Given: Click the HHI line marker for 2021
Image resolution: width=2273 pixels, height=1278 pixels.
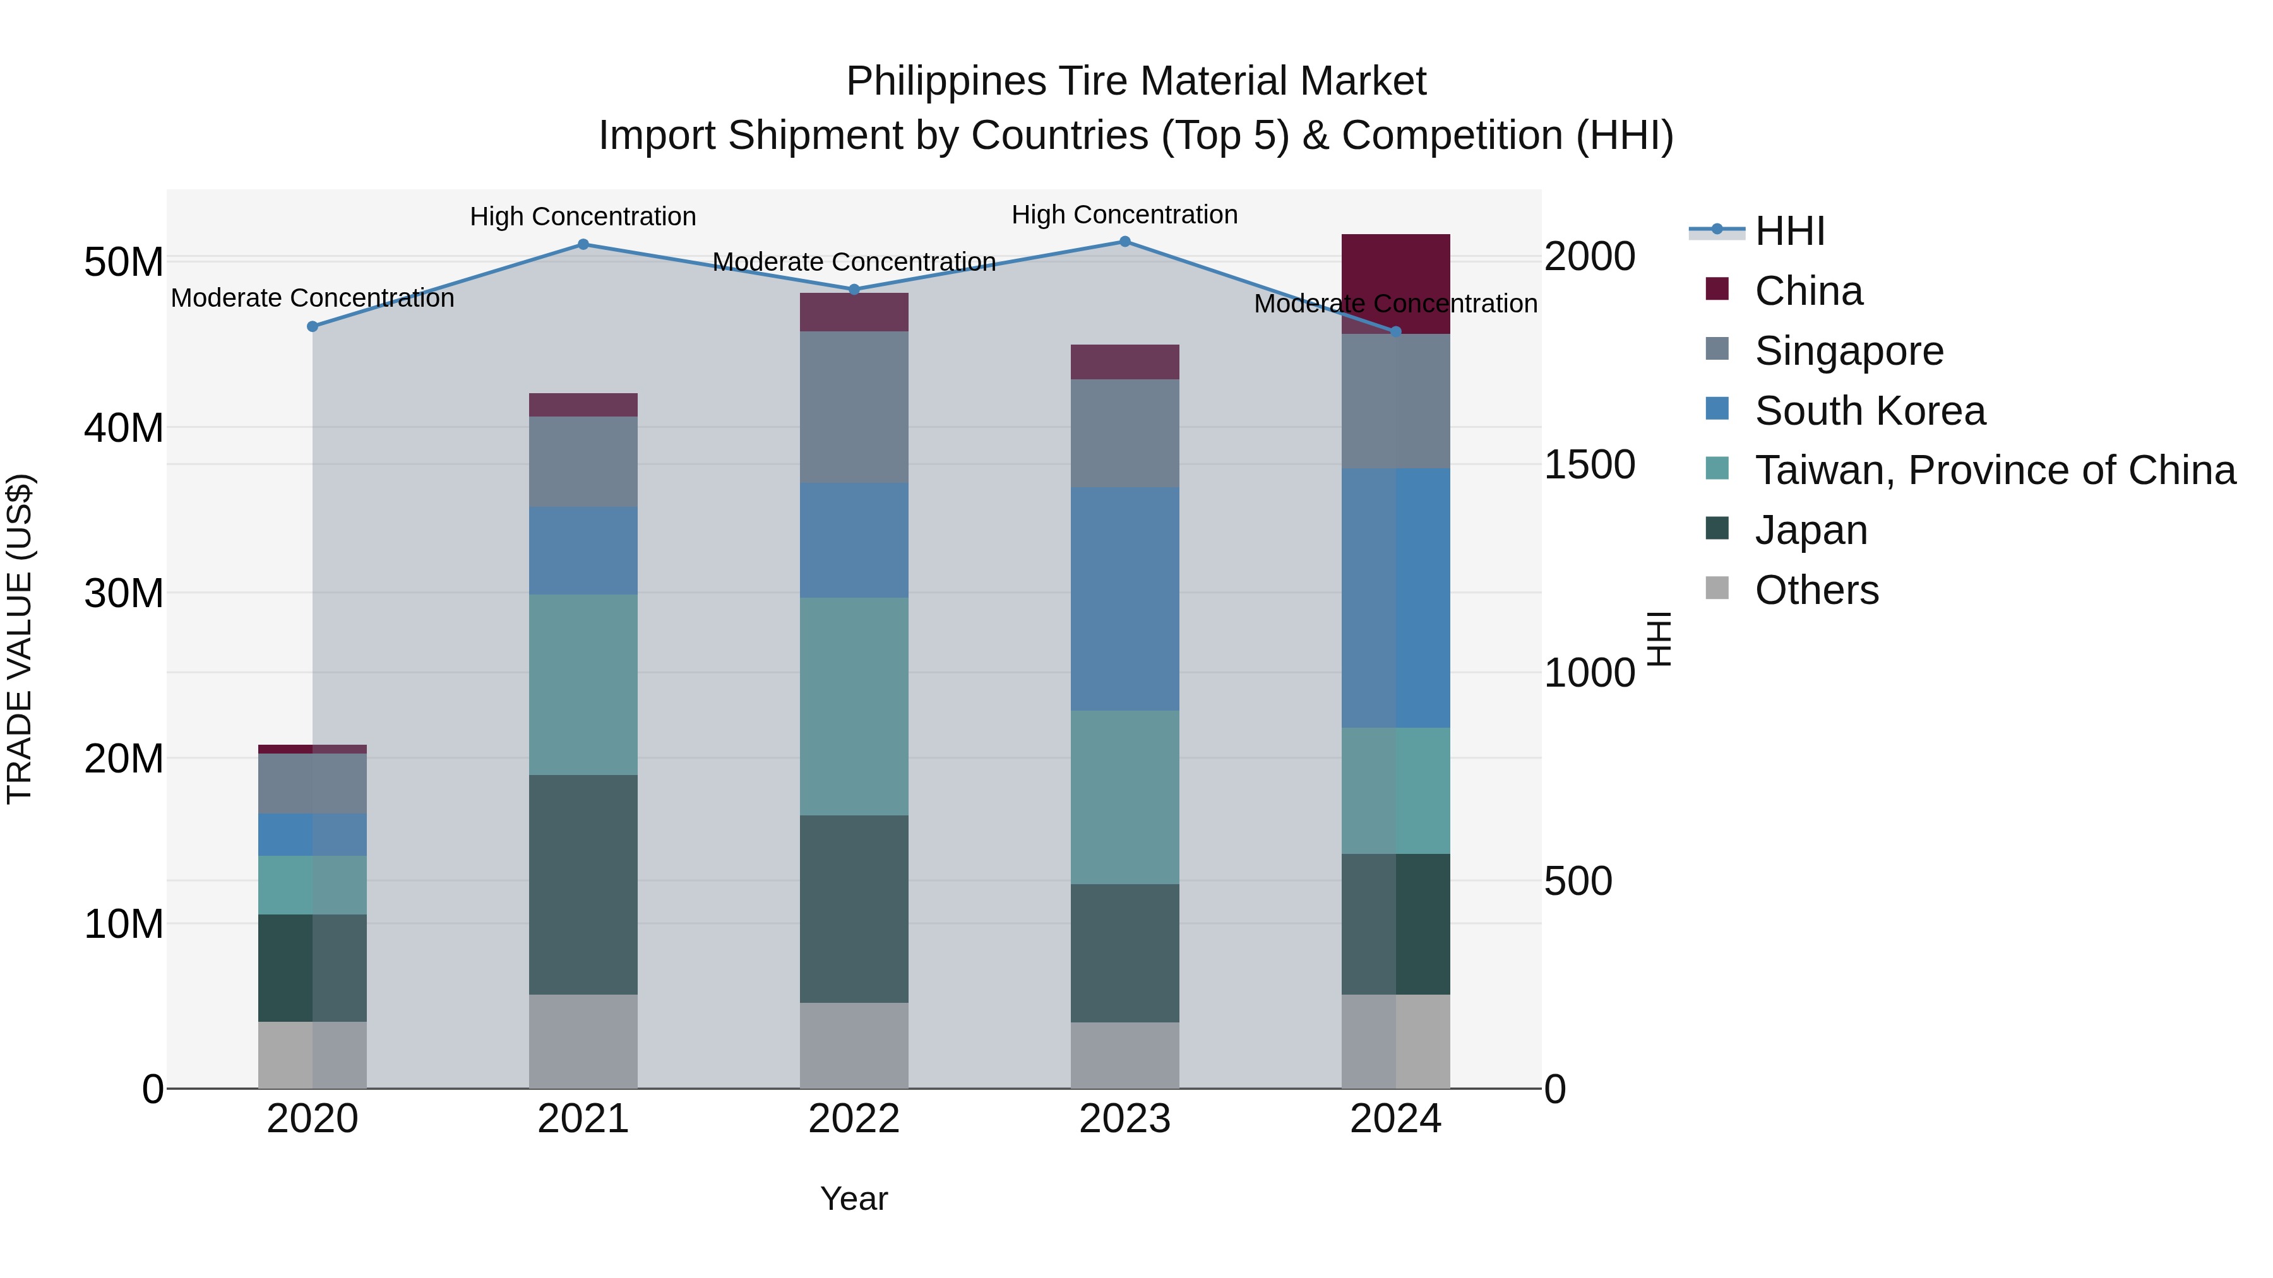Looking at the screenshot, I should click(583, 244).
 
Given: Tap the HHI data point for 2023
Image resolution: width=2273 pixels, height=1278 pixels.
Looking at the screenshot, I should click(1125, 241).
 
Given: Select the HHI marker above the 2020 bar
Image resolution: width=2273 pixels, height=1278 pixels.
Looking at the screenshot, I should click(313, 326).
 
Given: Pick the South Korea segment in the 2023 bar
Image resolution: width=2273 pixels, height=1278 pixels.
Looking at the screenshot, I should click(1125, 599).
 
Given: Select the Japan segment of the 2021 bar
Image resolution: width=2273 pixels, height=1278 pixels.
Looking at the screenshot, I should click(583, 885).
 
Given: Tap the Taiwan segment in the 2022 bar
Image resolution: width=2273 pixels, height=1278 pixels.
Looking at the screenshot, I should click(854, 706).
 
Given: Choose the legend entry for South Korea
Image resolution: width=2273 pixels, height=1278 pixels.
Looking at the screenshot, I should click(1870, 411).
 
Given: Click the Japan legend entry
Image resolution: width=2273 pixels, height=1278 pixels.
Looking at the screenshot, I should click(1811, 531).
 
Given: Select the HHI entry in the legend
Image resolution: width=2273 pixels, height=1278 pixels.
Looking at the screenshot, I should click(1789, 231).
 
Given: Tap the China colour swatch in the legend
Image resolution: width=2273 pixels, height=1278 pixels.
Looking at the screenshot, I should click(1717, 289).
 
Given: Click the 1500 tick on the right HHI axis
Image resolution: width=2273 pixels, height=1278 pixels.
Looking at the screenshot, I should click(1589, 464).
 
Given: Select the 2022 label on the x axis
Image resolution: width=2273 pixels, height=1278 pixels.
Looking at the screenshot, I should click(854, 1119).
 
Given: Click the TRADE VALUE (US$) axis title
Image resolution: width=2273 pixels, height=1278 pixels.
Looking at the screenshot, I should click(20, 639).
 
